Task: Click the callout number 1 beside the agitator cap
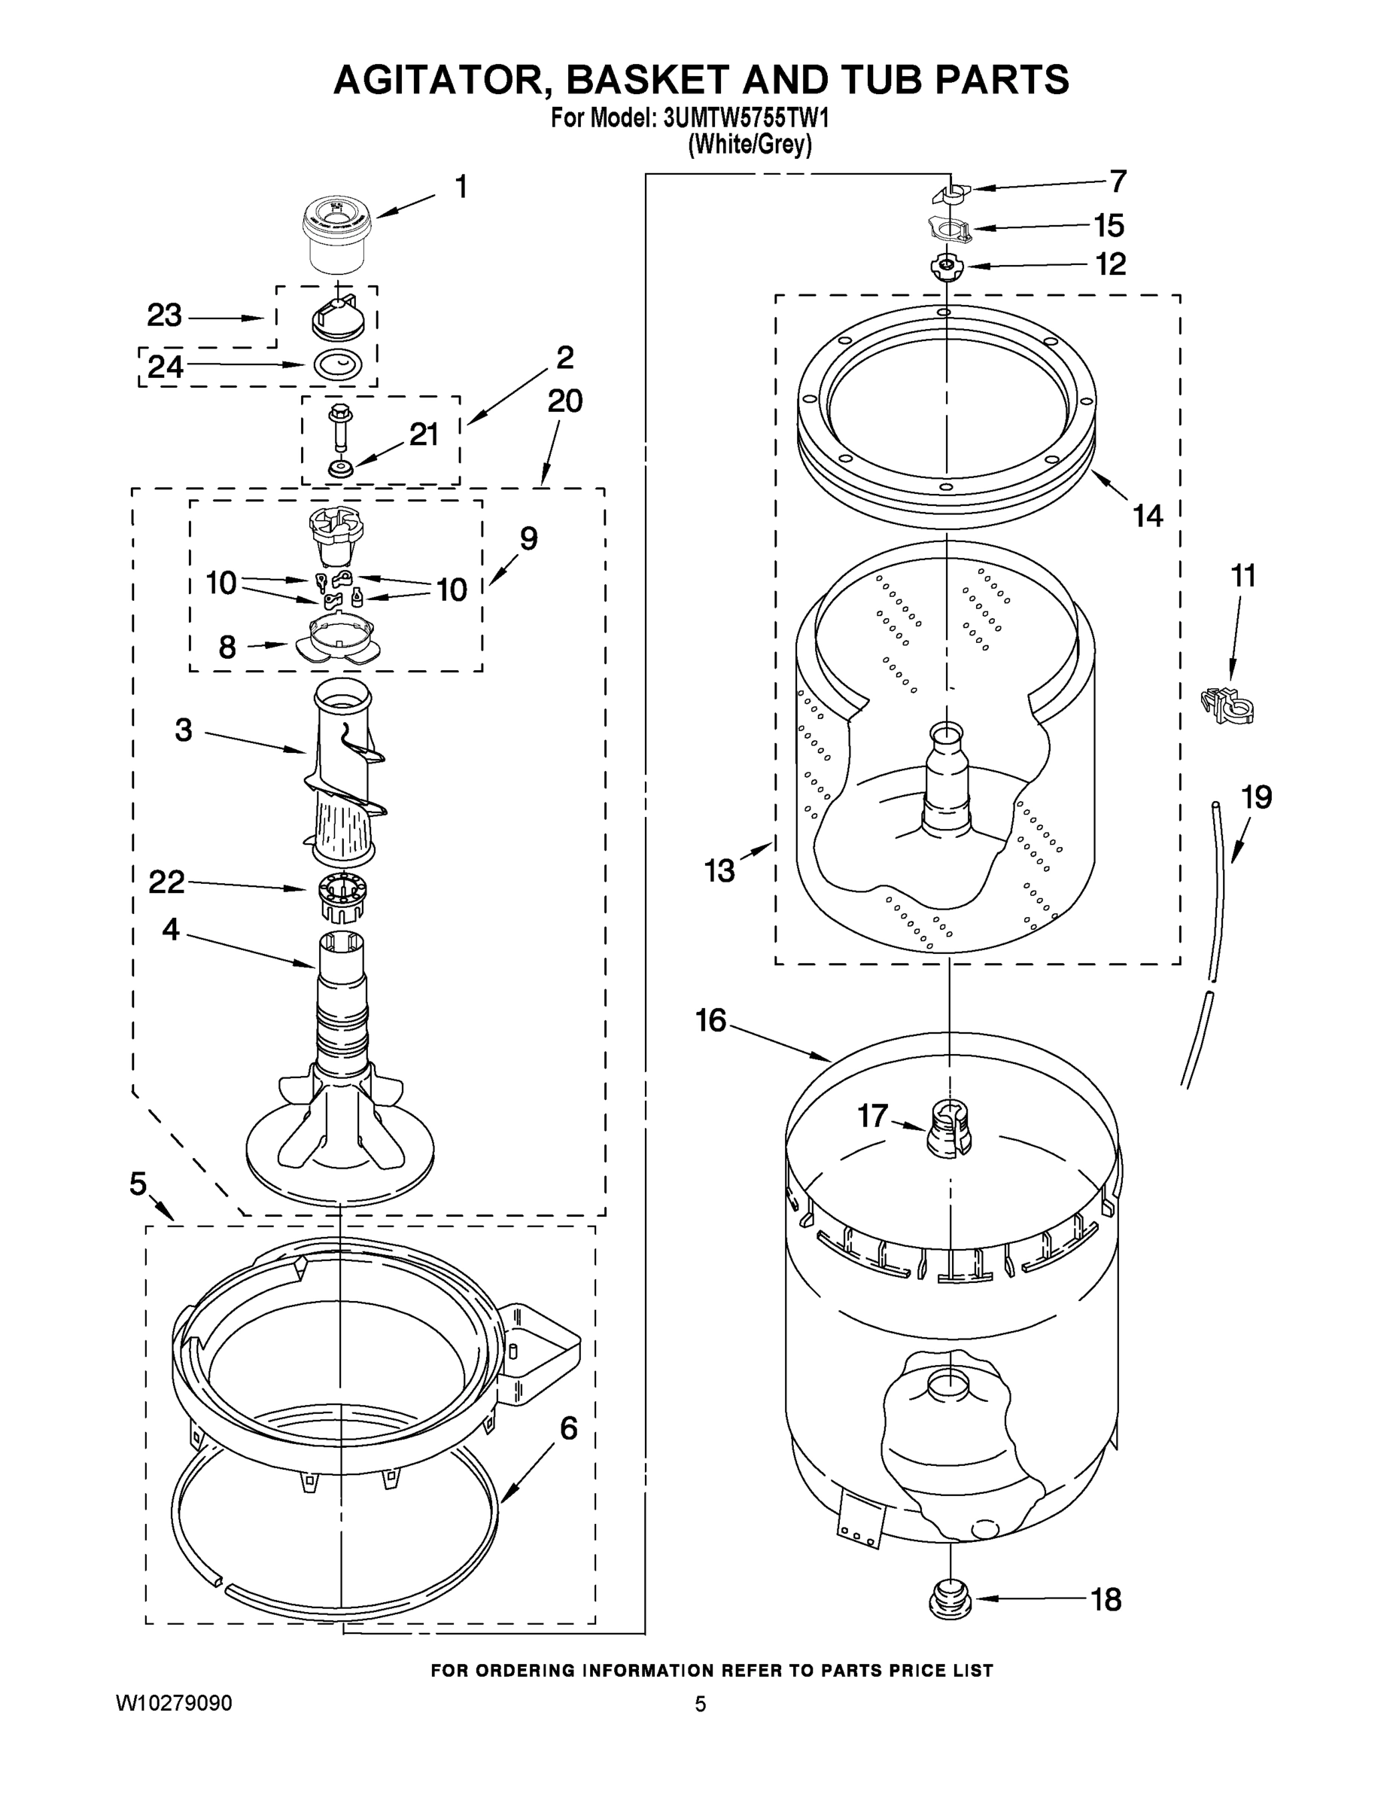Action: coord(461,187)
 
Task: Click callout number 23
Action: coord(165,315)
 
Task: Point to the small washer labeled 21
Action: coord(340,469)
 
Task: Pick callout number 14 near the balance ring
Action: coord(1147,517)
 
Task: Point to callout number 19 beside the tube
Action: coord(1256,797)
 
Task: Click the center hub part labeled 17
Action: coord(948,1129)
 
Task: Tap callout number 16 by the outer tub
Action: coord(710,1020)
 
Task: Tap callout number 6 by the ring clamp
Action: coord(569,1429)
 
